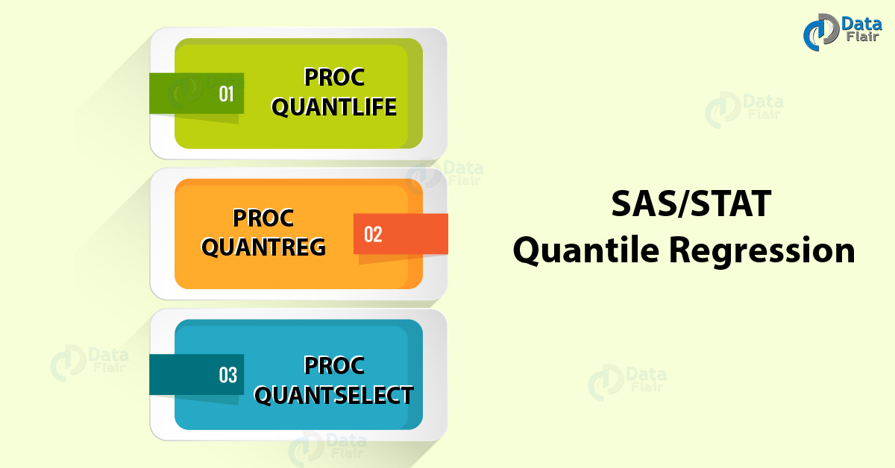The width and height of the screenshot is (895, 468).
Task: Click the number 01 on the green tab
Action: tap(226, 94)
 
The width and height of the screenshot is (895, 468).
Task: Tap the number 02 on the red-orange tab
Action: tap(373, 235)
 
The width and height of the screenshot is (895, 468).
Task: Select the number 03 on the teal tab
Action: tap(227, 375)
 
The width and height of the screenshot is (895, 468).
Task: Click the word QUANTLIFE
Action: tap(333, 107)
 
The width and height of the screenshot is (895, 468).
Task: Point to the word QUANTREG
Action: tap(263, 247)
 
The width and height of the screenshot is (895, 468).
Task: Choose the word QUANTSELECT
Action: tap(333, 395)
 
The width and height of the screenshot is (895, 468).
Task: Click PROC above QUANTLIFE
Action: tap(334, 77)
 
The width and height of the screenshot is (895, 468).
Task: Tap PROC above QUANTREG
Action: tap(263, 218)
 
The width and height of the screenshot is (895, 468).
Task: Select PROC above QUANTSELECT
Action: tap(334, 365)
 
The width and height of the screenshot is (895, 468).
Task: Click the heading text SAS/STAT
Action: tap(691, 204)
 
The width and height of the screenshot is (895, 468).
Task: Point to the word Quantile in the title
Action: tap(586, 250)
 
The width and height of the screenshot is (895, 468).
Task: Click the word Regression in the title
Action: tap(762, 251)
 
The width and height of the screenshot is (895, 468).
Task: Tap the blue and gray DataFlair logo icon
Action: tap(821, 32)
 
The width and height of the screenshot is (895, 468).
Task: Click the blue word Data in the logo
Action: tap(861, 24)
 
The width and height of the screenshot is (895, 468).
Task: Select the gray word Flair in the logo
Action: tap(862, 37)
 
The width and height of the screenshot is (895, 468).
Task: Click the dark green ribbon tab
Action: tap(196, 93)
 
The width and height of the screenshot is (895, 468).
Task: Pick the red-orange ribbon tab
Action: tap(401, 234)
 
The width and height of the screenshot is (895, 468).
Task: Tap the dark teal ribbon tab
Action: tap(196, 375)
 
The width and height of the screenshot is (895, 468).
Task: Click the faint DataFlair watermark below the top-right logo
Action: tap(744, 110)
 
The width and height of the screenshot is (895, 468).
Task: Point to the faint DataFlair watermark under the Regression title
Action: tap(627, 382)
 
